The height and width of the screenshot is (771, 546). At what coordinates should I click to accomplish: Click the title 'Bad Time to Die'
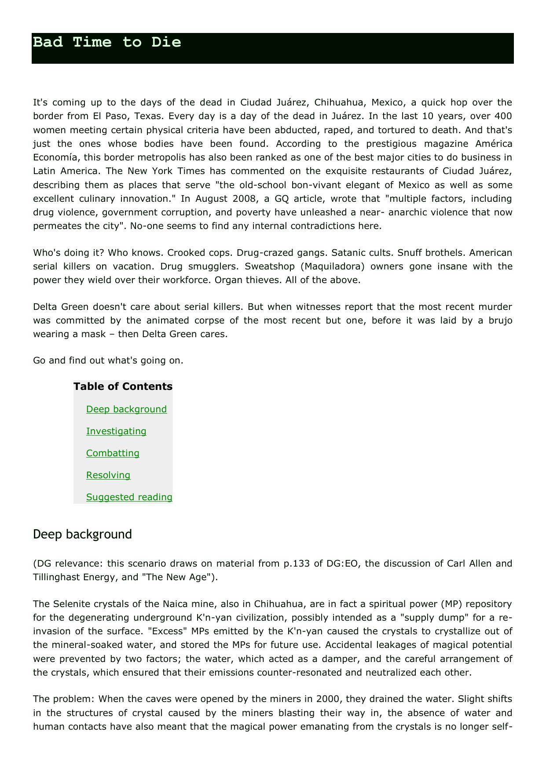(107, 42)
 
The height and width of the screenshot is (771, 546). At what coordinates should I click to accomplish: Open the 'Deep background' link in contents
(126, 409)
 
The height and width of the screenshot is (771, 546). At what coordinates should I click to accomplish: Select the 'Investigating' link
(116, 431)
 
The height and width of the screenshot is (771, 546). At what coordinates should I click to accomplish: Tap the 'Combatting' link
(113, 453)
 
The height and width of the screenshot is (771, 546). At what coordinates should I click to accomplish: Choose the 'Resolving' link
(108, 475)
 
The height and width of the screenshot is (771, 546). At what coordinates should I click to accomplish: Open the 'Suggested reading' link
(129, 497)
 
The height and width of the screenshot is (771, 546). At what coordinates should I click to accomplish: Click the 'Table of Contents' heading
(123, 386)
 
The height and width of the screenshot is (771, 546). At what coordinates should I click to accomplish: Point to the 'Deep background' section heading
(82, 534)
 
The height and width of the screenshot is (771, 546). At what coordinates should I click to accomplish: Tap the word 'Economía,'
(57, 157)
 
